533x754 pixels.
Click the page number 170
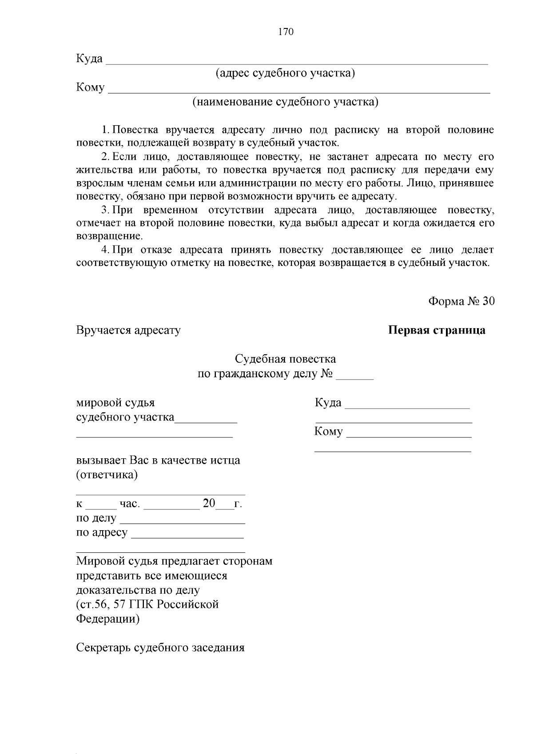coord(286,32)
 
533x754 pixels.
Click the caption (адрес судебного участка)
coord(285,73)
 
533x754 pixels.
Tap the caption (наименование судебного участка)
coord(285,102)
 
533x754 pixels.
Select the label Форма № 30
coord(461,301)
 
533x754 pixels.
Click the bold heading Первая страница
coord(437,330)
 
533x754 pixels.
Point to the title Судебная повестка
coord(285,359)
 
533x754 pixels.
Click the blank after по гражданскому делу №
coord(354,377)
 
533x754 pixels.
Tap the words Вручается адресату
coord(128,330)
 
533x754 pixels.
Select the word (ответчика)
coord(107,475)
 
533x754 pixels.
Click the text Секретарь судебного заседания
coord(160,647)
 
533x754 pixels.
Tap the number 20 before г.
coord(209,503)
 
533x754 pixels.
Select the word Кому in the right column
coord(328,432)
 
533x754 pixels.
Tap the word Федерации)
coord(107,619)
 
